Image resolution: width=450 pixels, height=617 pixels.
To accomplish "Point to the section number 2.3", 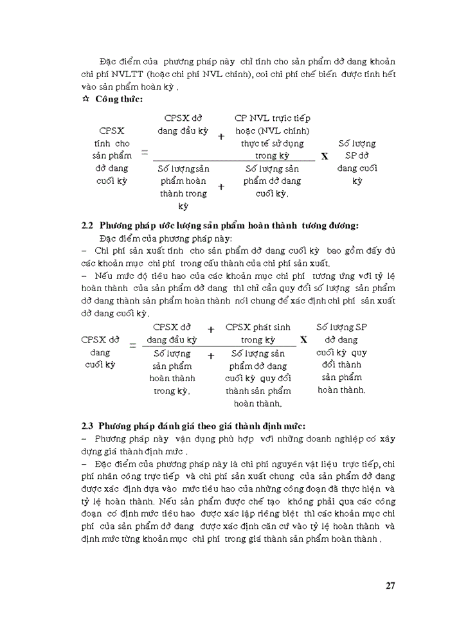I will pos(88,425).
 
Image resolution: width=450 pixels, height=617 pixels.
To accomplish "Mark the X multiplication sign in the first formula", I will pos(324,156).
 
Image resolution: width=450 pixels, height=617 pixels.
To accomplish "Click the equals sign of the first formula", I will pos(145,153).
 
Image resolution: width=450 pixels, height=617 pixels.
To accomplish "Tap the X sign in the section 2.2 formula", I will pos(303,339).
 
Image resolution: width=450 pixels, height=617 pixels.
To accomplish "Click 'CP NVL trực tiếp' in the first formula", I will pos(273,118).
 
